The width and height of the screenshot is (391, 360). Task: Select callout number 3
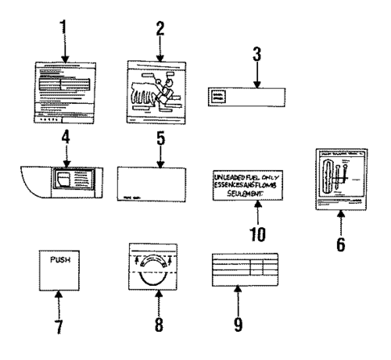pyautogui.click(x=256, y=59)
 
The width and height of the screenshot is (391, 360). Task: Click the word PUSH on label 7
pyautogui.click(x=60, y=262)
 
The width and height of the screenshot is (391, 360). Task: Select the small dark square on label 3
pyautogui.click(x=218, y=95)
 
